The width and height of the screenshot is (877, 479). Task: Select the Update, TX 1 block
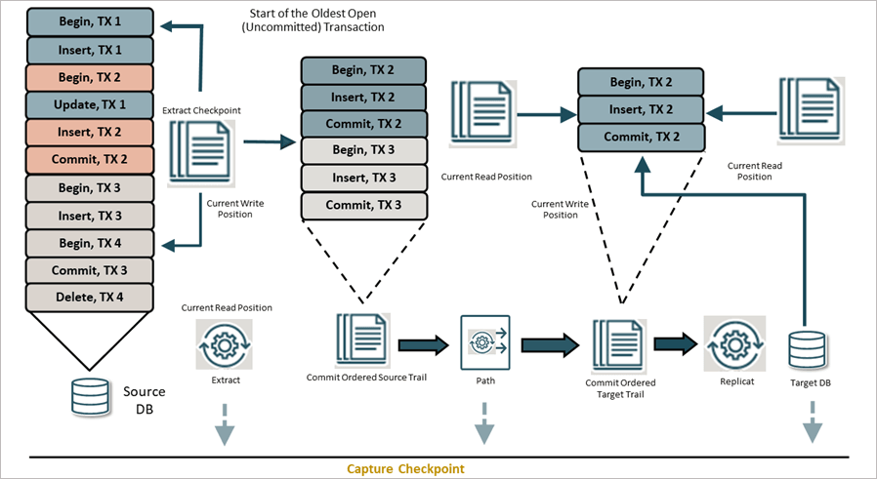[90, 103]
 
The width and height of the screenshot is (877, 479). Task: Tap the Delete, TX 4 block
[90, 297]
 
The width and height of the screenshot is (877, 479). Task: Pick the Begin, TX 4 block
[90, 242]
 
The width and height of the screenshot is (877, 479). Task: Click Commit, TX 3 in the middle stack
[363, 206]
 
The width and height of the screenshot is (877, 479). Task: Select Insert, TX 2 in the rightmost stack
[641, 109]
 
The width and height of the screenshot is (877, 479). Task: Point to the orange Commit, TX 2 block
[90, 159]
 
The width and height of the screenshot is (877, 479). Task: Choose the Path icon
[485, 342]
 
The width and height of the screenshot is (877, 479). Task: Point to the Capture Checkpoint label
[405, 469]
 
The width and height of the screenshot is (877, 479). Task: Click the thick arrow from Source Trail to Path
[421, 343]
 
